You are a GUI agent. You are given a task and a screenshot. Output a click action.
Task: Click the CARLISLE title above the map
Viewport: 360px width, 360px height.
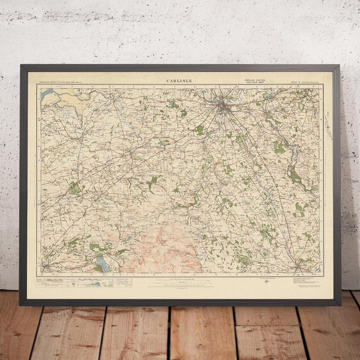179,81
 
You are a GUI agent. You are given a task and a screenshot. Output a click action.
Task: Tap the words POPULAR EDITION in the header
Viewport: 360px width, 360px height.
255,80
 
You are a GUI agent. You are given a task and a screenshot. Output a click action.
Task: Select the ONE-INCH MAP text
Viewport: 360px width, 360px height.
255,82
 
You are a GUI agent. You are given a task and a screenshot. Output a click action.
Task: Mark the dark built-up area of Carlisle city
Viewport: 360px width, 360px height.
224,106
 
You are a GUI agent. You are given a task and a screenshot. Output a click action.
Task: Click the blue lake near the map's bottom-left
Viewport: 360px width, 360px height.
101,264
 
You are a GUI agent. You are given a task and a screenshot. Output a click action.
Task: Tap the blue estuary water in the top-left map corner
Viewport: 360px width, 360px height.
46,94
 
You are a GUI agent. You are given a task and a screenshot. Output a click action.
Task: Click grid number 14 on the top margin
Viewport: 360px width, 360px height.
314,86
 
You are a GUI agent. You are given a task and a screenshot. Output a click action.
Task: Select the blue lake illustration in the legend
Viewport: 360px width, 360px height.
95,284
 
